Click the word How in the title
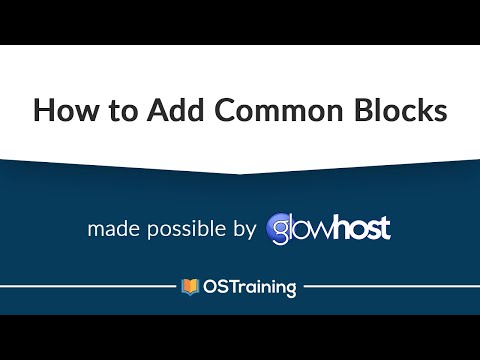(63, 110)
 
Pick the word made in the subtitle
(111, 229)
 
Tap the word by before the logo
(246, 230)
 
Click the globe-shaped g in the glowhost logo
(282, 230)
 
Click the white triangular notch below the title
(240, 167)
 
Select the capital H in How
(44, 110)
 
